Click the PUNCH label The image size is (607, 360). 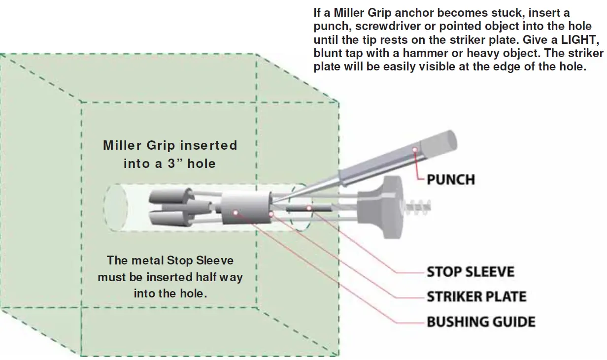[450, 179]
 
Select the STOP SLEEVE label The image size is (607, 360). [470, 272]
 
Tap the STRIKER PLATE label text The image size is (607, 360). [476, 296]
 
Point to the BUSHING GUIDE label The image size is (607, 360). [480, 322]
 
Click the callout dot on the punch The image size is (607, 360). [415, 149]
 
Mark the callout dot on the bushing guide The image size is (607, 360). [236, 212]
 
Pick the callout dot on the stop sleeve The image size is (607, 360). [309, 208]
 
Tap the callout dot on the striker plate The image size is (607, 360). [271, 214]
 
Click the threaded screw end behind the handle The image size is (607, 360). [418, 205]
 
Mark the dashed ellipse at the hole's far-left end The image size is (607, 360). [115, 207]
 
